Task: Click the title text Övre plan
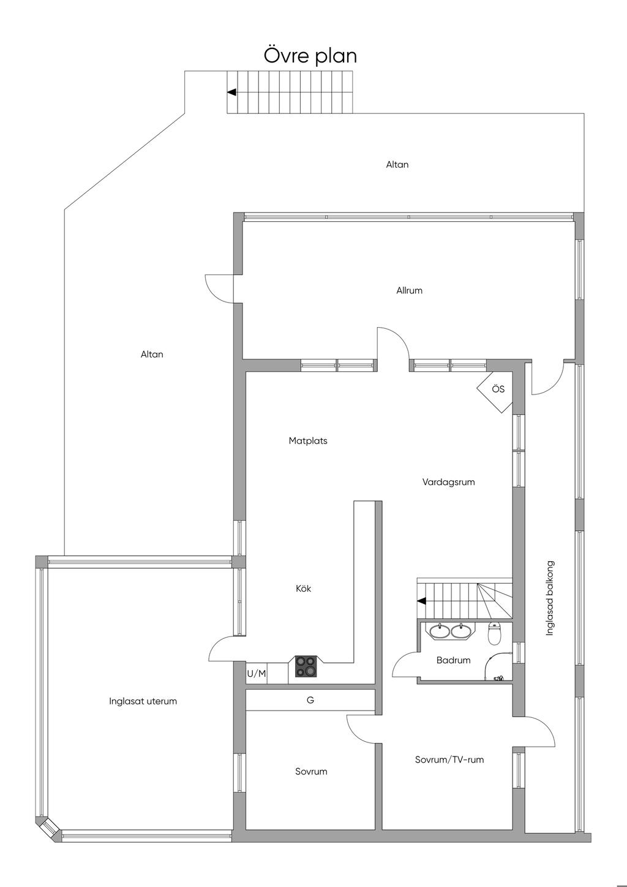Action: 310,56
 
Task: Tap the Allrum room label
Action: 409,290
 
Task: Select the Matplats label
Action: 308,440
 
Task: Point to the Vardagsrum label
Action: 448,482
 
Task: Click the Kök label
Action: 304,589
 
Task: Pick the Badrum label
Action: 453,660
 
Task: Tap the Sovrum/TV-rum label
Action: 449,760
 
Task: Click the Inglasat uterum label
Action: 143,701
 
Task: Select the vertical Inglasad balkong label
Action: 549,598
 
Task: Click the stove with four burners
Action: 307,666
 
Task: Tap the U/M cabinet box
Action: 257,674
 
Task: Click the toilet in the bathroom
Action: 494,633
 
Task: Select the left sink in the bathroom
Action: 439,630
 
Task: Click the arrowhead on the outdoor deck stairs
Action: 231,92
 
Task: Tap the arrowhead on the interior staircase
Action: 422,601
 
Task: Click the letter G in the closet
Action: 310,700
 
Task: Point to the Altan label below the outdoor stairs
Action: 397,164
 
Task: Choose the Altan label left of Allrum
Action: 152,354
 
